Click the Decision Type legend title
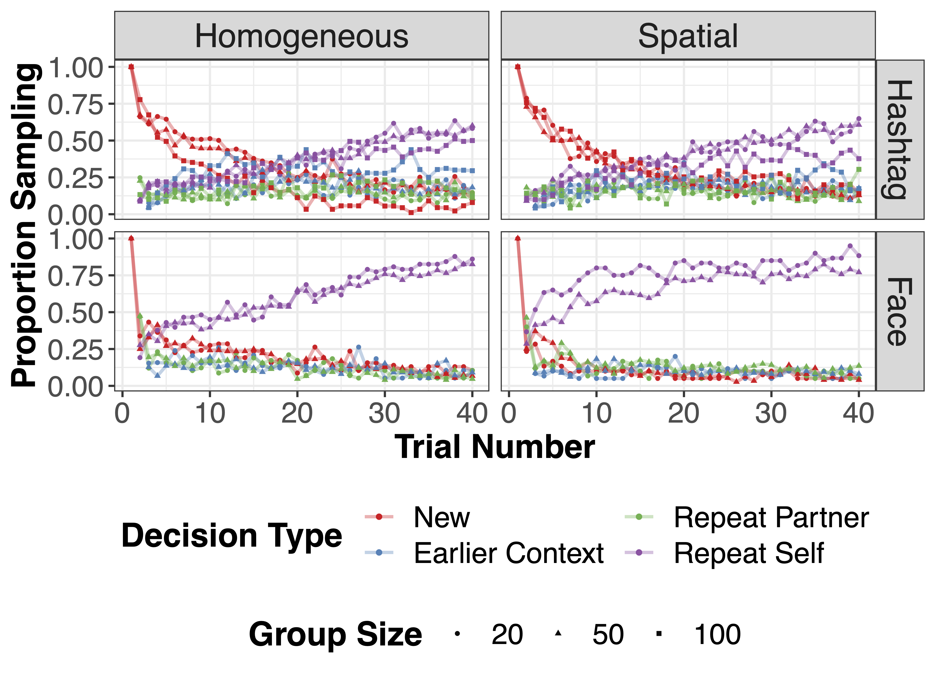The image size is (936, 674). coord(232,536)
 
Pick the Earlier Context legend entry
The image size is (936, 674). coord(508,553)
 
